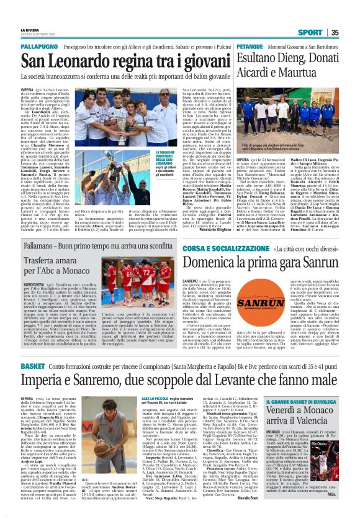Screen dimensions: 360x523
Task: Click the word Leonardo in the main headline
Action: pyautogui.click(x=84, y=61)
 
